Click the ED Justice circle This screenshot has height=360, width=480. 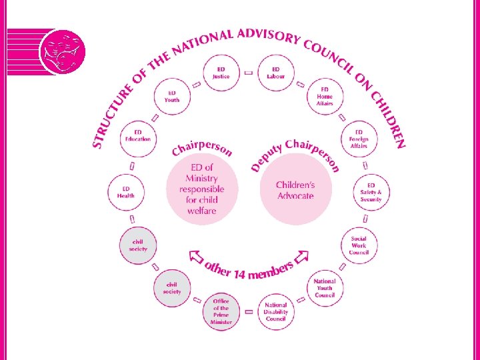[221, 73]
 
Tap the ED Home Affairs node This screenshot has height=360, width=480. [325, 96]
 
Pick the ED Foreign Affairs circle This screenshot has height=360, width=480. [359, 138]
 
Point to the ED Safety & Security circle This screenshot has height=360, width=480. [371, 191]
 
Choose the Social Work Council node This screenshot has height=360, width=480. [359, 245]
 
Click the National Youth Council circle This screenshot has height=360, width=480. [325, 287]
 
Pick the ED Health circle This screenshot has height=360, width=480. [126, 191]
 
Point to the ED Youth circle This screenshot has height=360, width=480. [172, 96]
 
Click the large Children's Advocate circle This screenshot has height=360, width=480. [295, 189]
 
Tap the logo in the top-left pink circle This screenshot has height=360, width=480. [62, 51]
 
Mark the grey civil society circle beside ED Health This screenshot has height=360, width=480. [138, 245]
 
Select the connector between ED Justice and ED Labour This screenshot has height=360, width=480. [248, 72]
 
